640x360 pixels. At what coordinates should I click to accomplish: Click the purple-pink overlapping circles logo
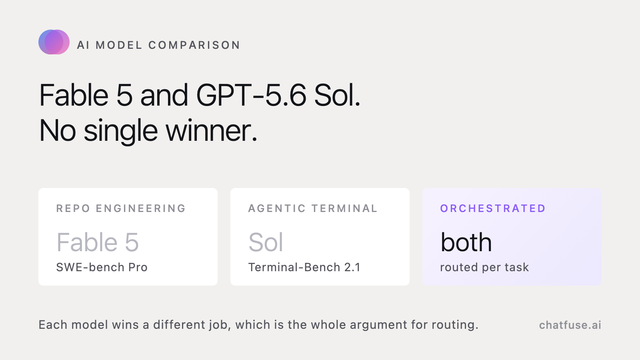pyautogui.click(x=54, y=42)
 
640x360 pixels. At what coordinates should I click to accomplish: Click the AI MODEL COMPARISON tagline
pyautogui.click(x=158, y=45)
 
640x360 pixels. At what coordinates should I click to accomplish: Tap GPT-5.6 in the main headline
pyautogui.click(x=251, y=95)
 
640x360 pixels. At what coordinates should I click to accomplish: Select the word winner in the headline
pyautogui.click(x=212, y=130)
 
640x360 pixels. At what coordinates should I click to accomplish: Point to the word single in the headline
pyautogui.click(x=120, y=132)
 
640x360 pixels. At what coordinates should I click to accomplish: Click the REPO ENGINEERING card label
pyautogui.click(x=121, y=208)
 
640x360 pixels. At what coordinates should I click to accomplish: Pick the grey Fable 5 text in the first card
pyautogui.click(x=98, y=242)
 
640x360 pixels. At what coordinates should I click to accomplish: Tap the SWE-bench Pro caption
pyautogui.click(x=102, y=267)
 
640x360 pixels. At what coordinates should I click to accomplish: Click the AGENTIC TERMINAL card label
pyautogui.click(x=313, y=208)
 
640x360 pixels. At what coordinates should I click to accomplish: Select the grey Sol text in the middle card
pyautogui.click(x=266, y=242)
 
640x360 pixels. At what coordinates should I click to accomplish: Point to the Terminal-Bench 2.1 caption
pyautogui.click(x=304, y=267)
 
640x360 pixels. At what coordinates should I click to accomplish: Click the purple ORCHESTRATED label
pyautogui.click(x=493, y=208)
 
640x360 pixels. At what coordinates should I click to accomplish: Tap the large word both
pyautogui.click(x=466, y=242)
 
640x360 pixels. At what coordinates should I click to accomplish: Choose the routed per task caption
pyautogui.click(x=484, y=268)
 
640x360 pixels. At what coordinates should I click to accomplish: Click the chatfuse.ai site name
pyautogui.click(x=570, y=325)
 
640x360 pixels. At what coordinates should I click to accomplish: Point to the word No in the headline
pyautogui.click(x=58, y=131)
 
